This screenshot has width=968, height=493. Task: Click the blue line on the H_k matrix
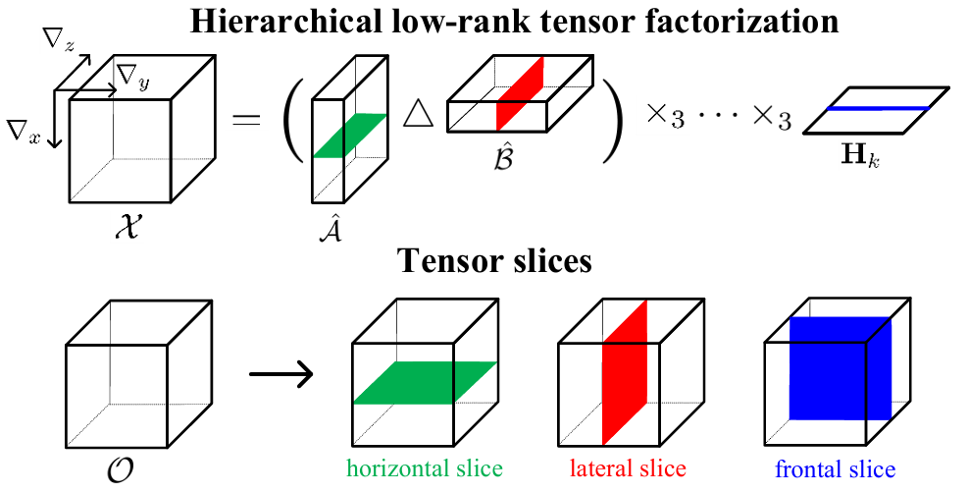877,108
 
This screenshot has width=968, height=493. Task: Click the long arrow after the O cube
280,373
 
